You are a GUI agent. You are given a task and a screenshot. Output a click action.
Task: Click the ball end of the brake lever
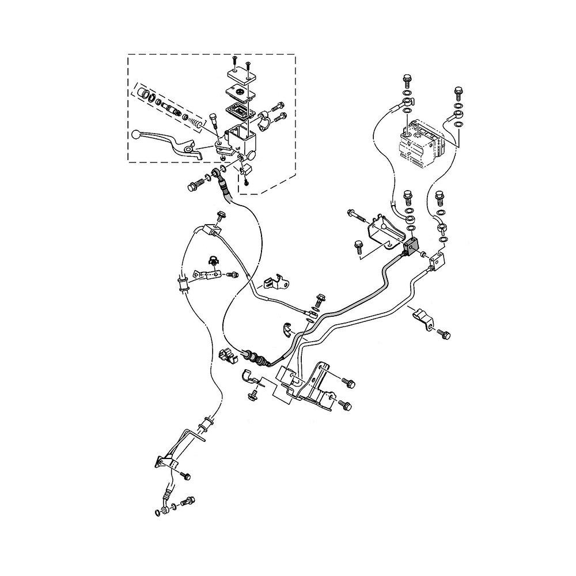coord(136,134)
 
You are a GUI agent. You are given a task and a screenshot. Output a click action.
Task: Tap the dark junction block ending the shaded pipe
coord(410,247)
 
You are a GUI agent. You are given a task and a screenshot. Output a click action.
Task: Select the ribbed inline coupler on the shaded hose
coord(255,357)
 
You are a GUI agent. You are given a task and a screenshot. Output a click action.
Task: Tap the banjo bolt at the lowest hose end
coord(188,501)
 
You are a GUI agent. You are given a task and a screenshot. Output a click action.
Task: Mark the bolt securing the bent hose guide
coord(185,476)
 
